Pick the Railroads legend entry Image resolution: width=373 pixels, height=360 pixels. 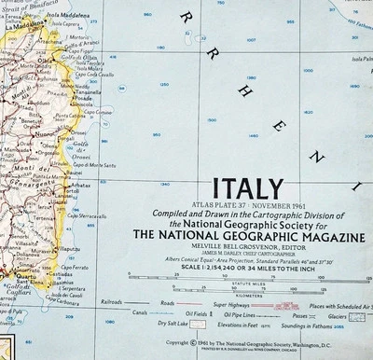111,303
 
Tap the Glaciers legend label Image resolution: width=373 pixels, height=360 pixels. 357,316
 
